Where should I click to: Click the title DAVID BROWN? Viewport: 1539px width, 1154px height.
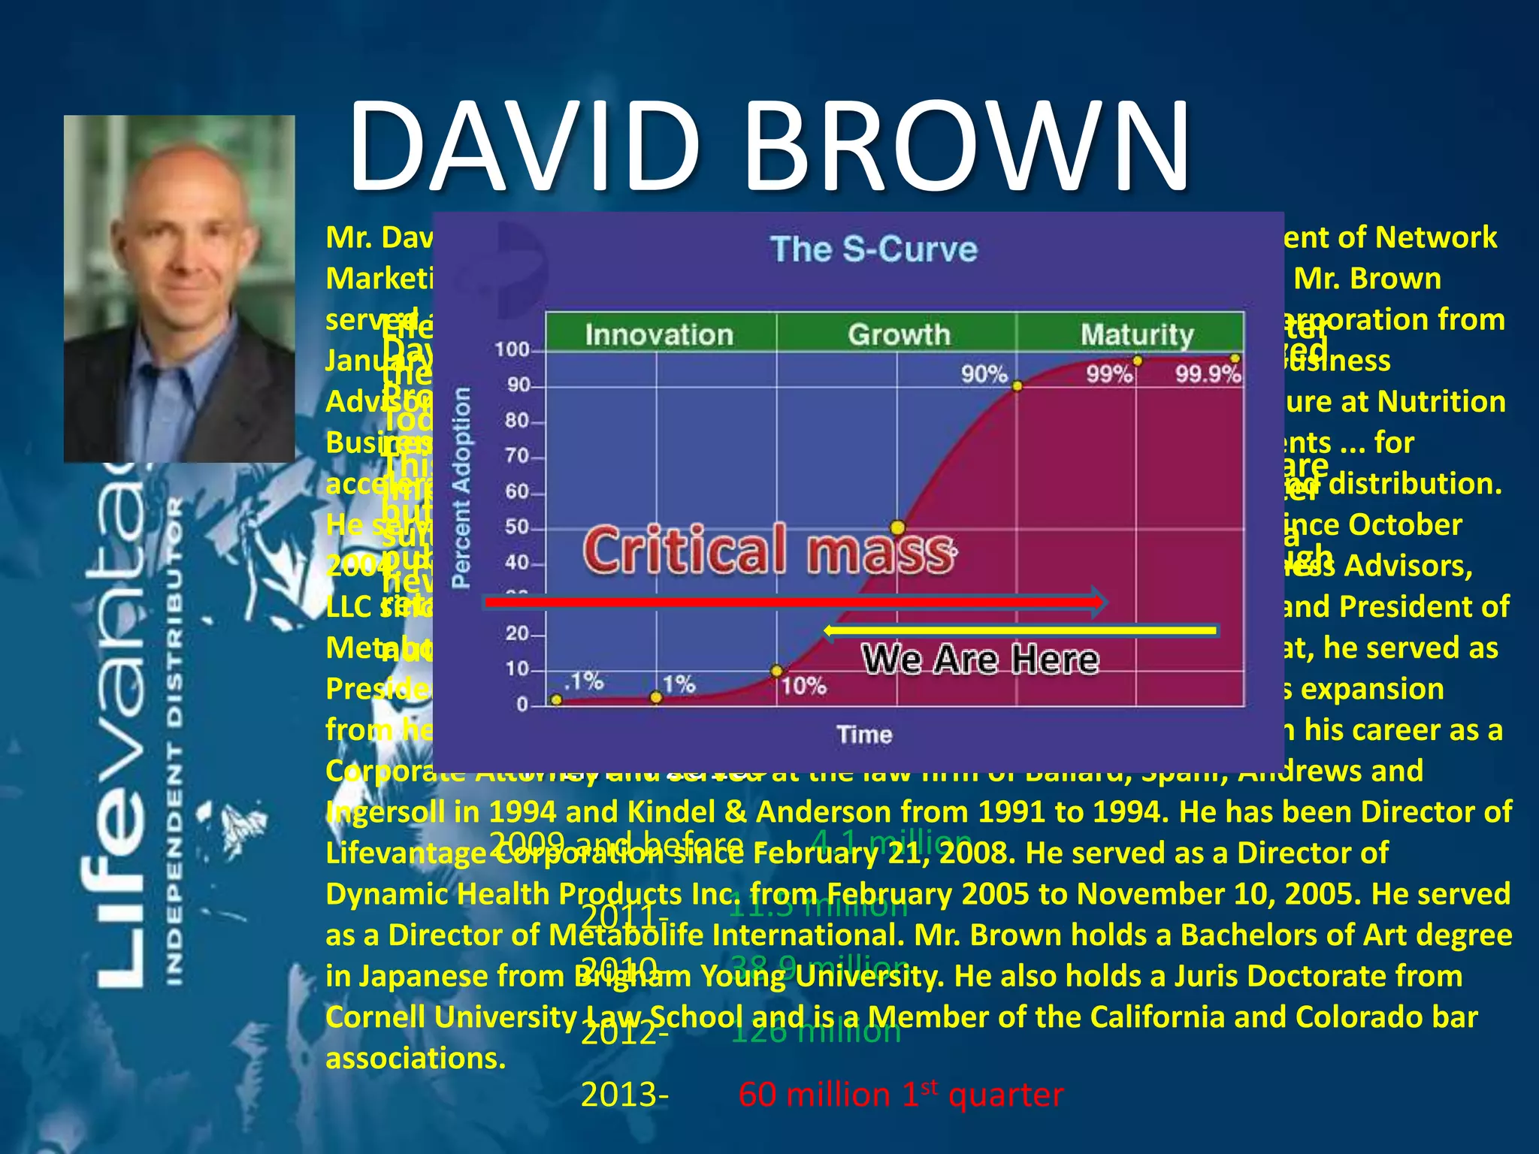(768, 147)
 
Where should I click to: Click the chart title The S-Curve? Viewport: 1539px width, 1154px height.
(874, 249)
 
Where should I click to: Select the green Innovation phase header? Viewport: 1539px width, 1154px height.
(659, 334)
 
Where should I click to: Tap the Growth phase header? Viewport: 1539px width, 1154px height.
(899, 334)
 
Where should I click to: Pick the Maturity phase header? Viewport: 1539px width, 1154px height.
(1136, 334)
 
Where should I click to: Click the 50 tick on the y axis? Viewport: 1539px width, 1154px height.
(518, 527)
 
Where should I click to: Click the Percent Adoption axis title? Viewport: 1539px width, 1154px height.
(461, 488)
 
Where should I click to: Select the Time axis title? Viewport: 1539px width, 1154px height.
(864, 734)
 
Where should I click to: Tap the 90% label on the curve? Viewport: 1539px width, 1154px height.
(984, 373)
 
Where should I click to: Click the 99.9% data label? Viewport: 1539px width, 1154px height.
(1208, 374)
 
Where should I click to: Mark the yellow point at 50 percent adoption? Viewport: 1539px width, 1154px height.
(897, 527)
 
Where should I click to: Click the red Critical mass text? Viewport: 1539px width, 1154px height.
(768, 550)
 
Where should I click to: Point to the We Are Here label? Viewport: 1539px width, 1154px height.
(980, 659)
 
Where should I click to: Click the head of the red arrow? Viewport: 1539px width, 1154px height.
(1100, 602)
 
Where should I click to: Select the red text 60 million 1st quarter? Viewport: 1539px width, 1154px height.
(900, 1095)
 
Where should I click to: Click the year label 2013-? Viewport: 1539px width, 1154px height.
(624, 1095)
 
